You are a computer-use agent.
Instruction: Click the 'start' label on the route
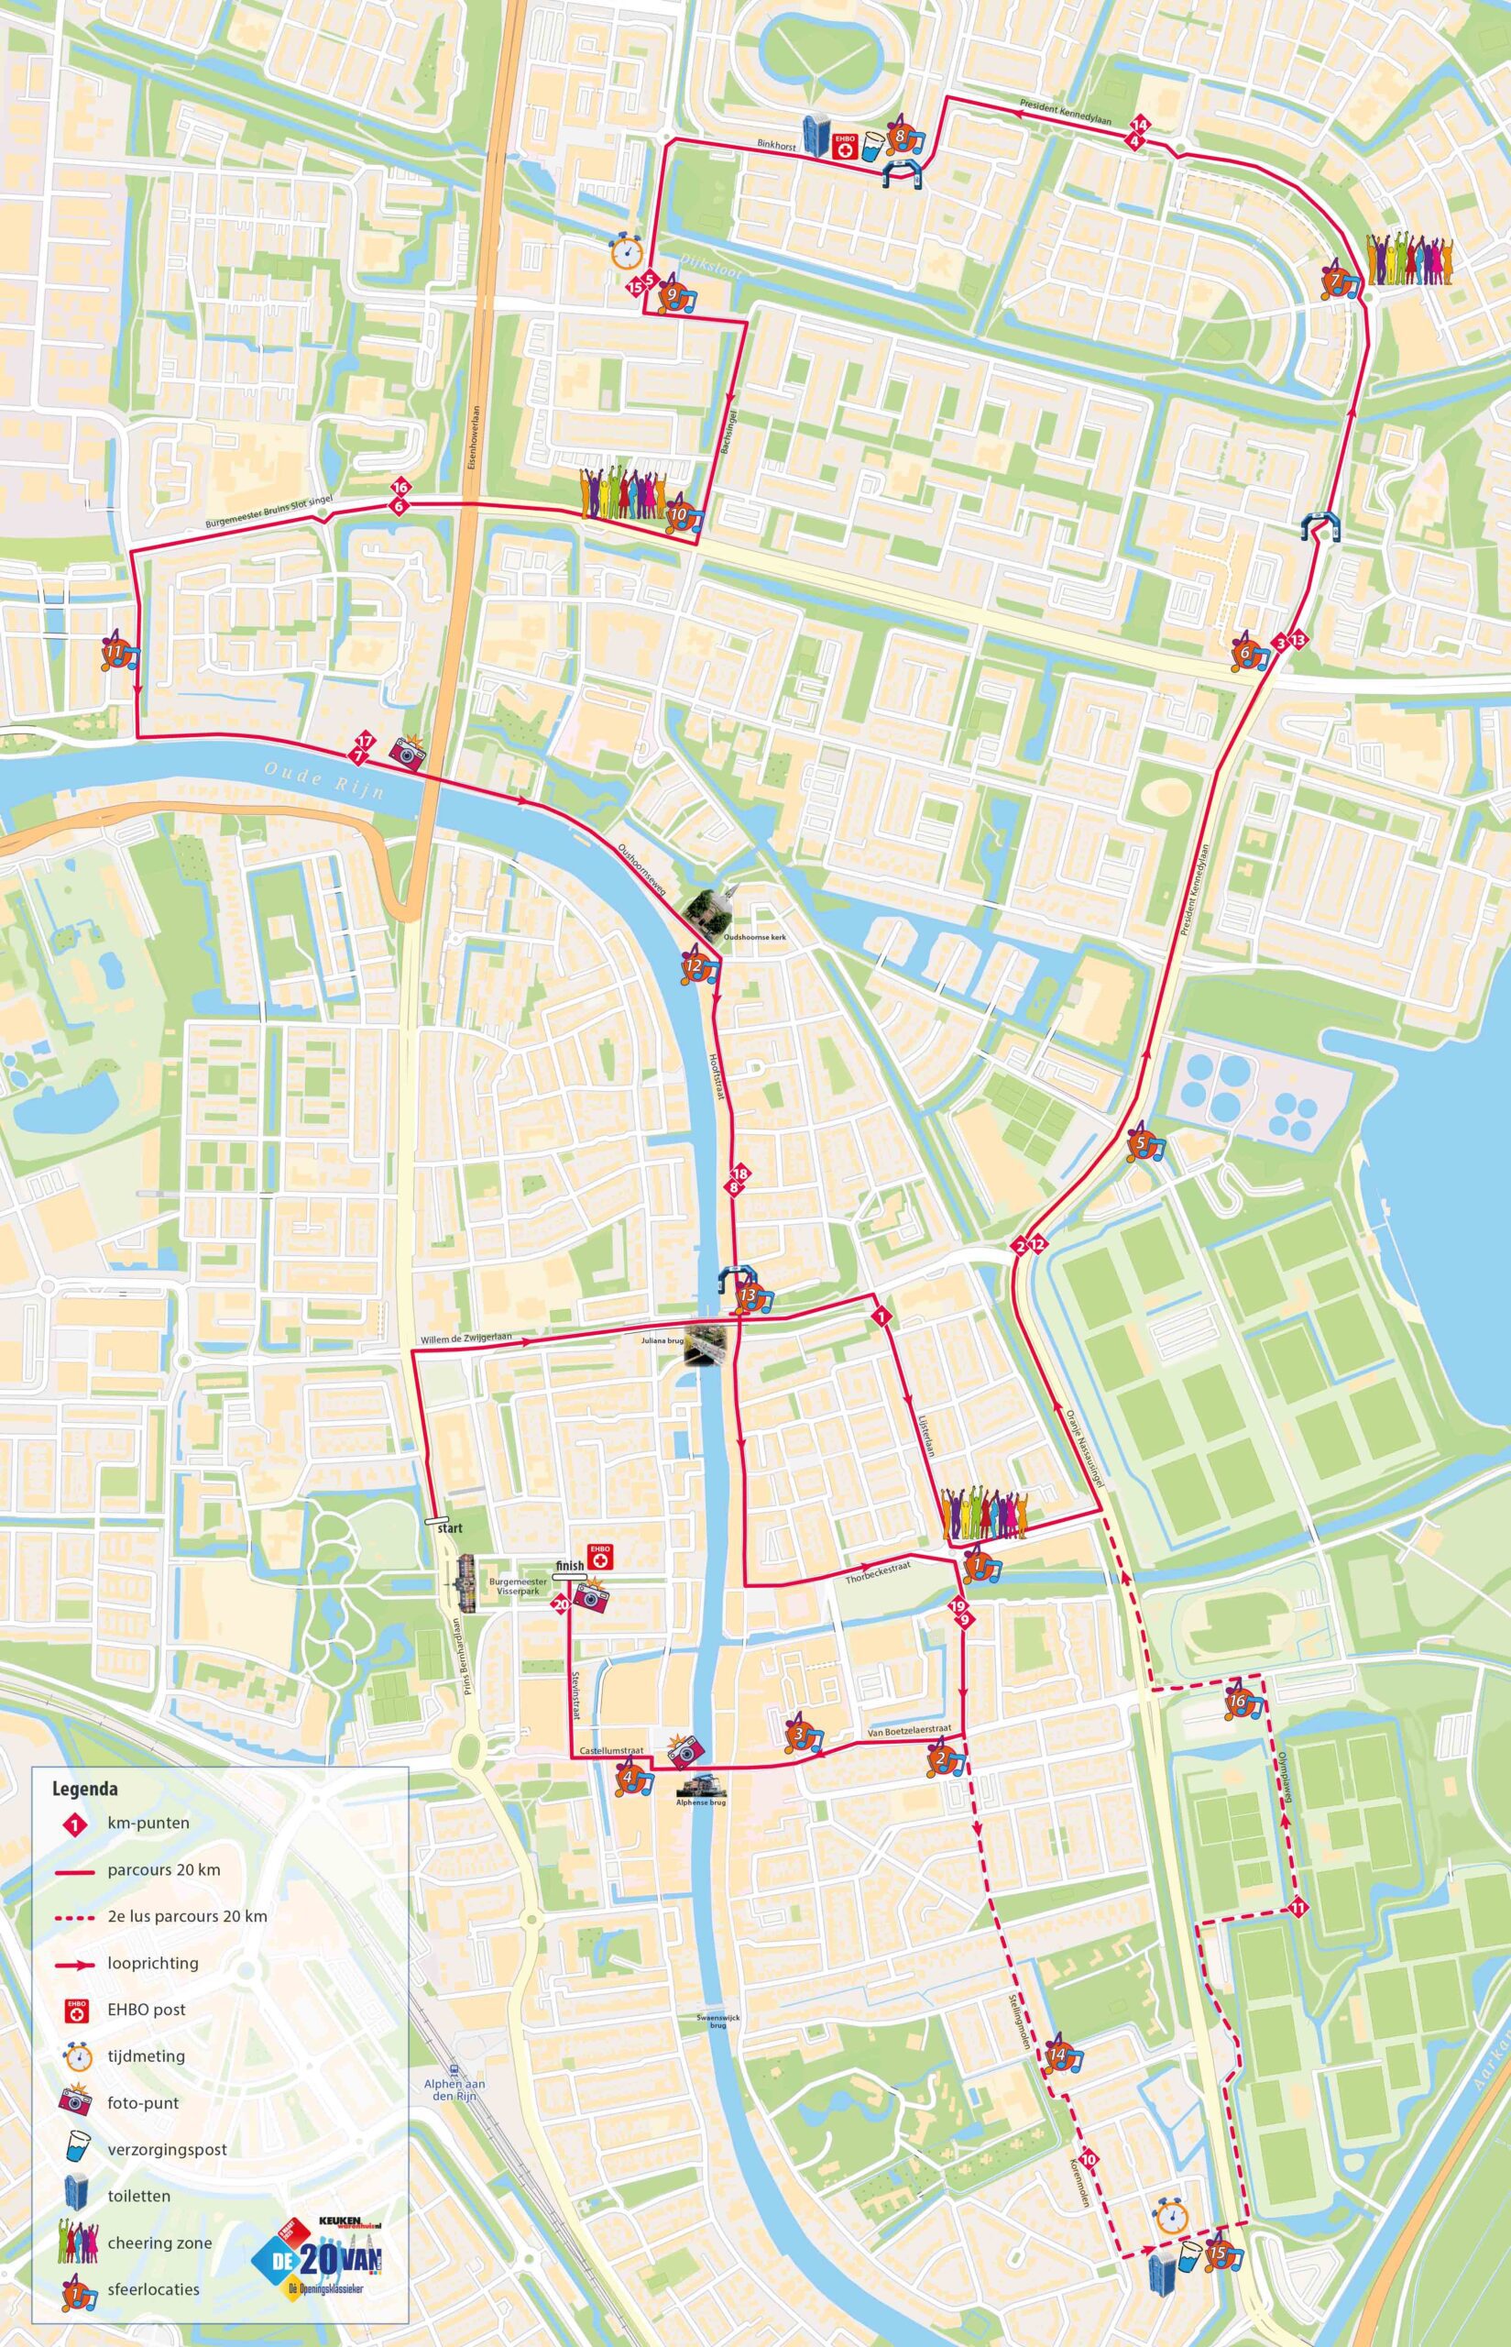tap(448, 1528)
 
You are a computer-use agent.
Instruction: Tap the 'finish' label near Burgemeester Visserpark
tap(569, 1566)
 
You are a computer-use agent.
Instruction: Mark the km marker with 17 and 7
tap(362, 749)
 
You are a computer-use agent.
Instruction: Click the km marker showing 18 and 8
tap(739, 1181)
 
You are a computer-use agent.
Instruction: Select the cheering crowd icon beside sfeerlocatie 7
tap(1410, 260)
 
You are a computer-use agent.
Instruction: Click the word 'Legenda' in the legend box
tap(84, 1788)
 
